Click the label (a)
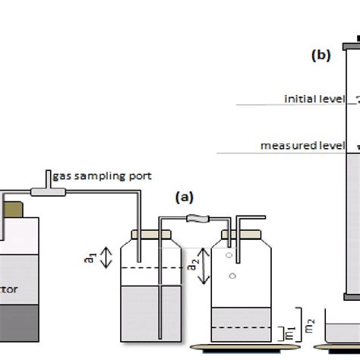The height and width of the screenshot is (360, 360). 184,196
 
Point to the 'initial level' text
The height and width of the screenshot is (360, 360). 312,99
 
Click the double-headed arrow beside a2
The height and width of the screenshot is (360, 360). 201,267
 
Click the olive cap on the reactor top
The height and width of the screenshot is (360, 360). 14,207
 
